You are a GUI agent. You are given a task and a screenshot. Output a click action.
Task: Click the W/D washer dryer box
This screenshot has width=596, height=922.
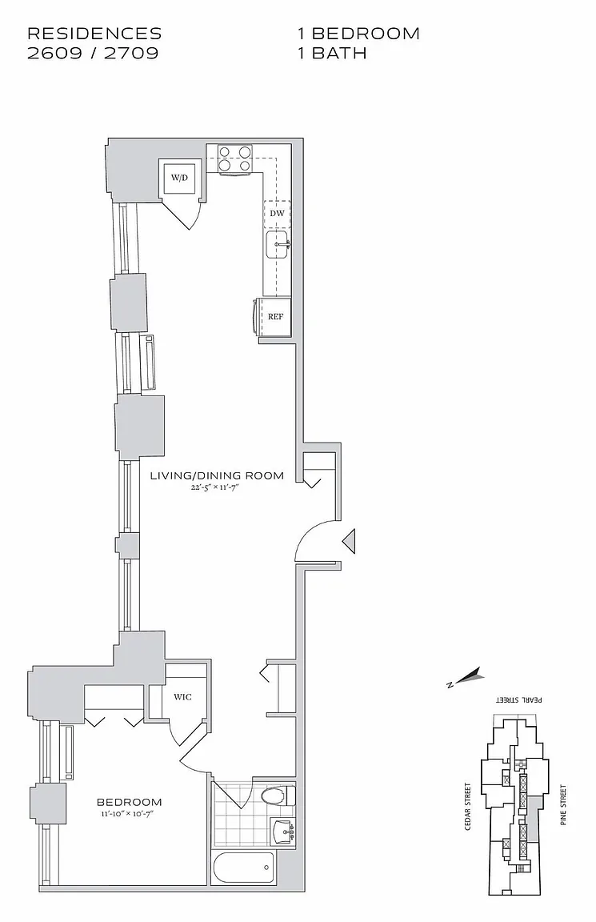tap(178, 177)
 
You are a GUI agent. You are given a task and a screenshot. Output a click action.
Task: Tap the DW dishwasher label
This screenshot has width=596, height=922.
tap(277, 214)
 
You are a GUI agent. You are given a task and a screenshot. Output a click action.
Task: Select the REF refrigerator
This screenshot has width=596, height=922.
tap(275, 316)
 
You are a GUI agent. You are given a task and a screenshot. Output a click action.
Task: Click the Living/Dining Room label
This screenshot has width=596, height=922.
tap(217, 475)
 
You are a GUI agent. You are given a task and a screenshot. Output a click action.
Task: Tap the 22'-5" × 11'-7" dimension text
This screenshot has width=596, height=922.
tap(217, 489)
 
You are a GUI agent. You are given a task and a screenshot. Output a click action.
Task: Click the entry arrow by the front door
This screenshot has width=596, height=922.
tap(349, 542)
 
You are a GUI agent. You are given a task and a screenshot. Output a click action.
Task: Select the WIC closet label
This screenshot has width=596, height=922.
tap(182, 697)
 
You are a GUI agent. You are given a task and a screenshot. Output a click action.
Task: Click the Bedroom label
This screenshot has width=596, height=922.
tap(130, 802)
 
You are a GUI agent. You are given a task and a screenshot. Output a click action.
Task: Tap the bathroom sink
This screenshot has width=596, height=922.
tap(282, 831)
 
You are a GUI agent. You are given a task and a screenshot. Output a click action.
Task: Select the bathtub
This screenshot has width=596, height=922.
tap(244, 867)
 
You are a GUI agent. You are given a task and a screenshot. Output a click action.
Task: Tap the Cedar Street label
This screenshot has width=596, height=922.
tap(468, 806)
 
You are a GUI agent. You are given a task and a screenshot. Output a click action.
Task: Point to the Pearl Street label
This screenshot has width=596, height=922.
tap(519, 699)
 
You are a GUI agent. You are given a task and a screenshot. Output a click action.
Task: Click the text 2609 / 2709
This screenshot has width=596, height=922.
tap(93, 54)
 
